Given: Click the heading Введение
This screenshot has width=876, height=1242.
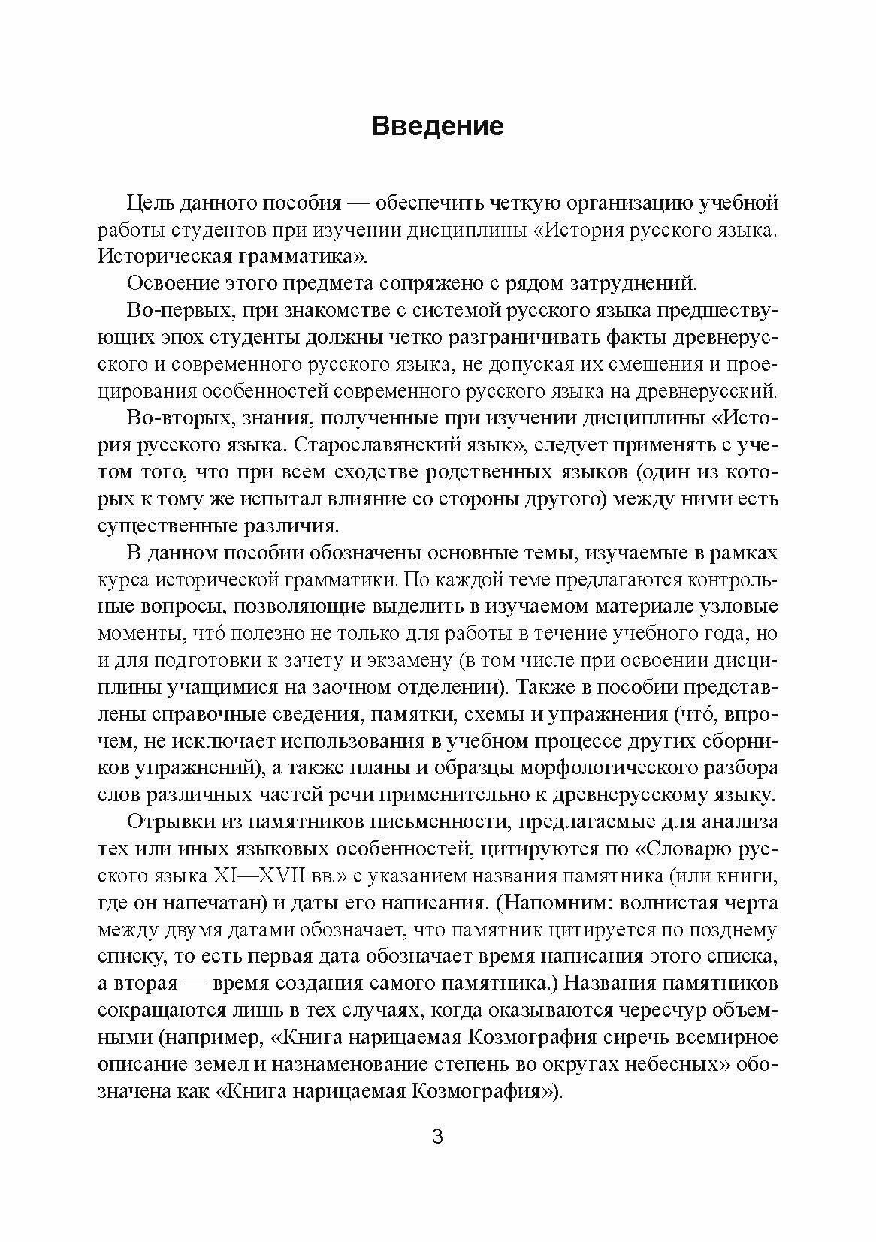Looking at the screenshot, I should coord(438,125).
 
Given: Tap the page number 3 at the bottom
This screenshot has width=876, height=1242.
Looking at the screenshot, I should coord(438,1136).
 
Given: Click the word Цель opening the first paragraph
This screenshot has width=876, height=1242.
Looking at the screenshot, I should coord(147,203).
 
